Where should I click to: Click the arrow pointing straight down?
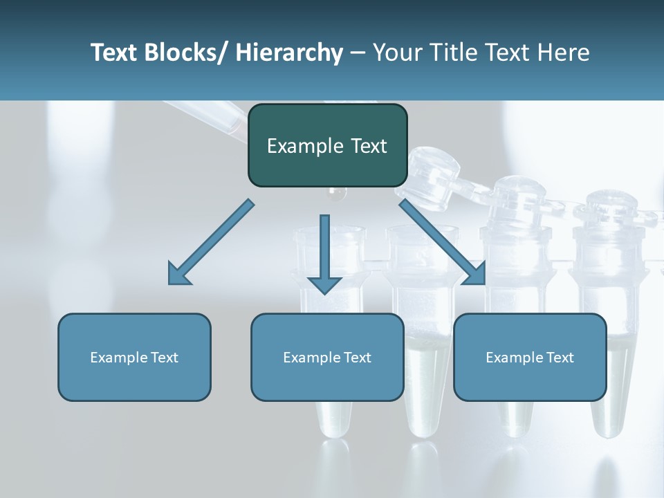[x=324, y=252]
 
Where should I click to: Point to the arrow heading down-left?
[x=211, y=242]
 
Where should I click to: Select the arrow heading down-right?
[x=443, y=242]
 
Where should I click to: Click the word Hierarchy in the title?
[x=289, y=53]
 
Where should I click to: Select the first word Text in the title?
[x=113, y=53]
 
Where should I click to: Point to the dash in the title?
[x=357, y=53]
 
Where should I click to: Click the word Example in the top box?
[x=298, y=146]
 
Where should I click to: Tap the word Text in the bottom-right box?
[x=558, y=358]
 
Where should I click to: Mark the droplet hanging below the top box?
[x=336, y=194]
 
